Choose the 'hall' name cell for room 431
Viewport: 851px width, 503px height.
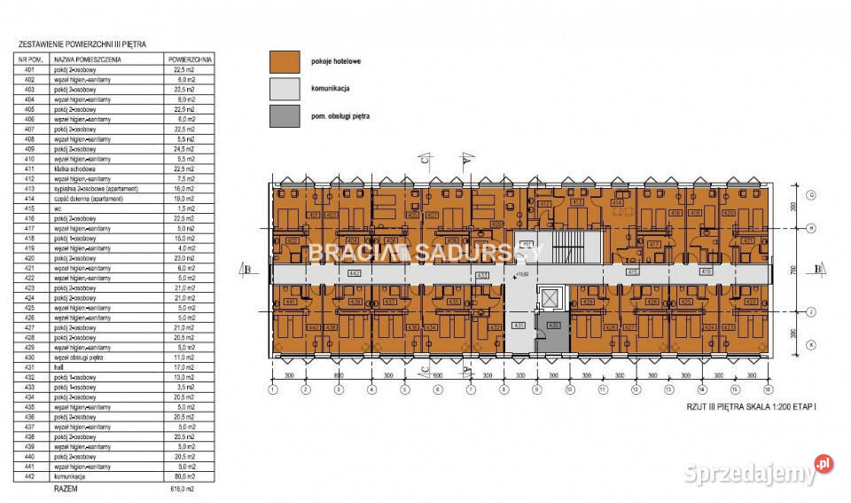pyautogui.click(x=59, y=367)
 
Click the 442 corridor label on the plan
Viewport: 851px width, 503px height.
pyautogui.click(x=355, y=272)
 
